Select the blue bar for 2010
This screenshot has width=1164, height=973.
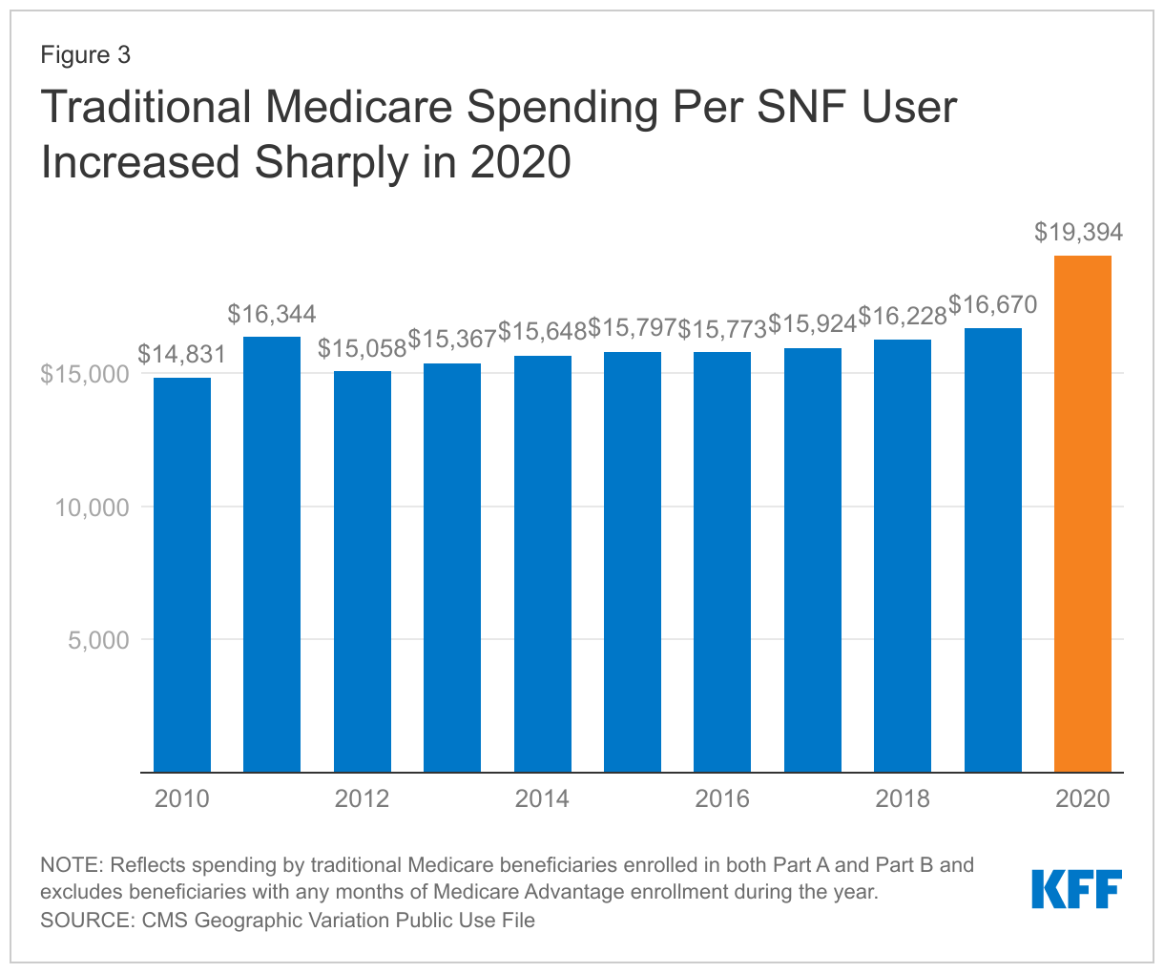(x=182, y=574)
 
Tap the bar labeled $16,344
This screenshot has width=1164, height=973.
(x=272, y=553)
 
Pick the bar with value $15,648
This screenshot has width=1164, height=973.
(x=543, y=563)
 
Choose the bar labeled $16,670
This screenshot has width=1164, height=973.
(x=993, y=549)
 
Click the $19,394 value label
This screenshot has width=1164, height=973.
(x=1079, y=232)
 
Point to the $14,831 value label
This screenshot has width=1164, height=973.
(x=182, y=355)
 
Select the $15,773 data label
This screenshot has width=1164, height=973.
(x=722, y=329)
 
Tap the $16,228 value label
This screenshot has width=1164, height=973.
(x=903, y=317)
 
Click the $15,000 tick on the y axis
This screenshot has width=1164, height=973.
(x=85, y=374)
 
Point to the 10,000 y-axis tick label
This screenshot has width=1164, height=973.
(x=92, y=507)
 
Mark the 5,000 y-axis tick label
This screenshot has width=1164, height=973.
(x=98, y=640)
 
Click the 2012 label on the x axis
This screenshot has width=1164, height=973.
(x=363, y=798)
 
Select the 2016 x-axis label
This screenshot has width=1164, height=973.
(x=722, y=798)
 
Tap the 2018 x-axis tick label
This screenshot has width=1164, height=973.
(x=903, y=798)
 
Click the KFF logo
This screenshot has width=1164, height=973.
(x=1077, y=889)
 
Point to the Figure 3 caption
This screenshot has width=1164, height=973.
(x=85, y=55)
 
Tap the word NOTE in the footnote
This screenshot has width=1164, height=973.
(x=70, y=865)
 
